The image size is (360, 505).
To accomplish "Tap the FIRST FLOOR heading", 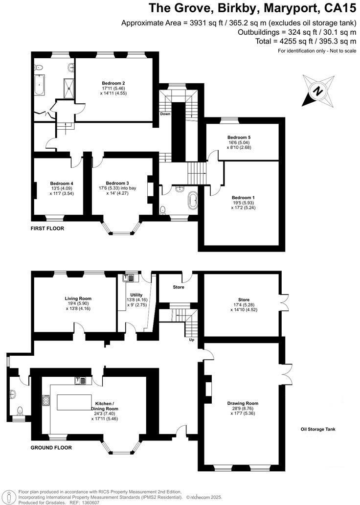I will point(47,229).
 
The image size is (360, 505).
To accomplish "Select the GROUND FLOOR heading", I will point(51,447).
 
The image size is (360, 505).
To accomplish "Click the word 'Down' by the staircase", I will point(164,114).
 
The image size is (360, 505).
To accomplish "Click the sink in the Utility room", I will point(129,278).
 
